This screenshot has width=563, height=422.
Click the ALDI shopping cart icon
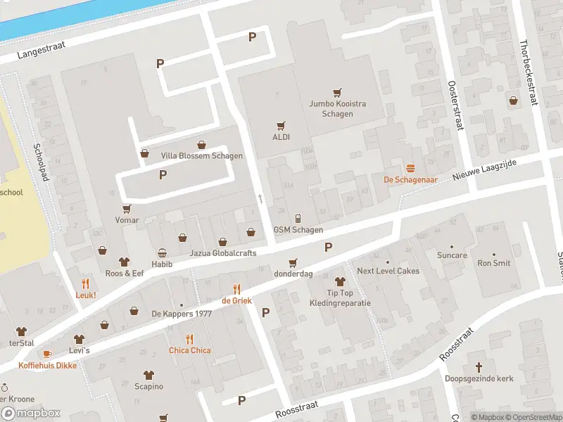[x=281, y=125]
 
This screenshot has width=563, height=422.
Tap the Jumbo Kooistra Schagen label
[x=337, y=108]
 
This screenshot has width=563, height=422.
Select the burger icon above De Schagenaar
[x=410, y=167]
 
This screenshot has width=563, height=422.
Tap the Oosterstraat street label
[x=455, y=105]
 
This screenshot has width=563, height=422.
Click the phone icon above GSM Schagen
[x=298, y=218]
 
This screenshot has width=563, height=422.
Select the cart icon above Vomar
[x=127, y=209]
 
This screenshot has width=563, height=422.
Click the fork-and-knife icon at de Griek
[x=237, y=289]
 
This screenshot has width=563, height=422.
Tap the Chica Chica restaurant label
[x=189, y=350]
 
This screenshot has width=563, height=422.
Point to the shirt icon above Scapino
[x=148, y=375]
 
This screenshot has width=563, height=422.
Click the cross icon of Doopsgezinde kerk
[x=479, y=367]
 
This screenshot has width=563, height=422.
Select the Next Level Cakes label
[x=388, y=271]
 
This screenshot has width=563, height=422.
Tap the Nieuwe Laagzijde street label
[x=484, y=172]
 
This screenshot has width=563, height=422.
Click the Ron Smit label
[x=493, y=264]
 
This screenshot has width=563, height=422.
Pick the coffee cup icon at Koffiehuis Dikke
[x=47, y=354]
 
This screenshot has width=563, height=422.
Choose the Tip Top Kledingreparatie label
[x=340, y=298]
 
